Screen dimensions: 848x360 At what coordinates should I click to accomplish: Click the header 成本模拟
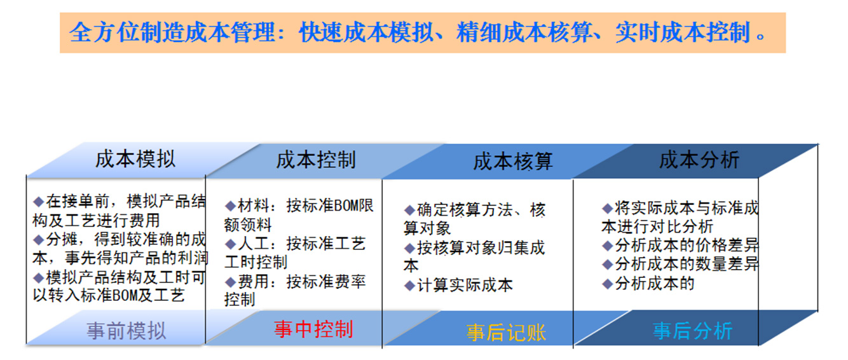[135, 159]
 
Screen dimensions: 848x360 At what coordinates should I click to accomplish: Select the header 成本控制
[316, 160]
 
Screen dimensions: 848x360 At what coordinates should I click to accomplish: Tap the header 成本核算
[513, 162]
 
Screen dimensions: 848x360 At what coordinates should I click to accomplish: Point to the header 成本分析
[699, 160]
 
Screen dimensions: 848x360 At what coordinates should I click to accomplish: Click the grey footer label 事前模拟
[126, 331]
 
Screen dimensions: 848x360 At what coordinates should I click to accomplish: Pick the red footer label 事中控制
[313, 329]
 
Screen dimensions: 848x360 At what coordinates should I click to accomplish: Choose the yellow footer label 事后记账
[506, 333]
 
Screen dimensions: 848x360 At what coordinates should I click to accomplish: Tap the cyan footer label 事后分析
[693, 331]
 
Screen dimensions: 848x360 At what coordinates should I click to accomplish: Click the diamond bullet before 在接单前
[38, 202]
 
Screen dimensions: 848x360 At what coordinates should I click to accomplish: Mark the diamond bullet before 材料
[230, 206]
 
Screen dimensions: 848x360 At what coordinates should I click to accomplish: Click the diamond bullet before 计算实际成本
[409, 286]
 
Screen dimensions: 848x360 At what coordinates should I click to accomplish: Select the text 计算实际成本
[465, 286]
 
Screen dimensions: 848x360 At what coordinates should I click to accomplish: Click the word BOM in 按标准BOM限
[345, 206]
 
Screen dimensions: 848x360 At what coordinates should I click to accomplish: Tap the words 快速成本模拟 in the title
[366, 32]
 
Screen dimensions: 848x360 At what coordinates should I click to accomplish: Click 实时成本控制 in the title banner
[683, 32]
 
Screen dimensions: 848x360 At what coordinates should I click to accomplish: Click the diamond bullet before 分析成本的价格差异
[607, 246]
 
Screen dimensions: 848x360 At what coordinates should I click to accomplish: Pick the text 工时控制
[256, 262]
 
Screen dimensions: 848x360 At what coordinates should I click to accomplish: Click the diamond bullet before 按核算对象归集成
[409, 249]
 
